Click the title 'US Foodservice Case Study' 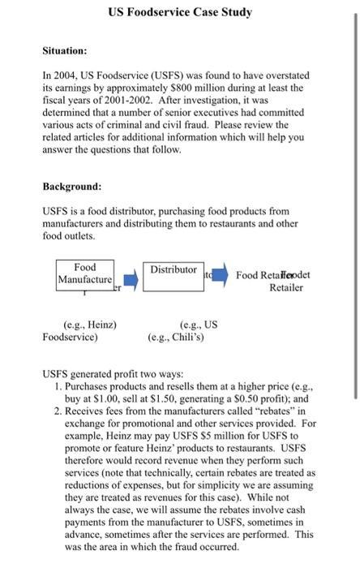click(x=179, y=12)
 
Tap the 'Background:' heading click(x=72, y=187)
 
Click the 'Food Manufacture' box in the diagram click(x=84, y=274)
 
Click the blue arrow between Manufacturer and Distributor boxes click(x=130, y=279)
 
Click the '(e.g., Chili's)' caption click(x=176, y=337)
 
